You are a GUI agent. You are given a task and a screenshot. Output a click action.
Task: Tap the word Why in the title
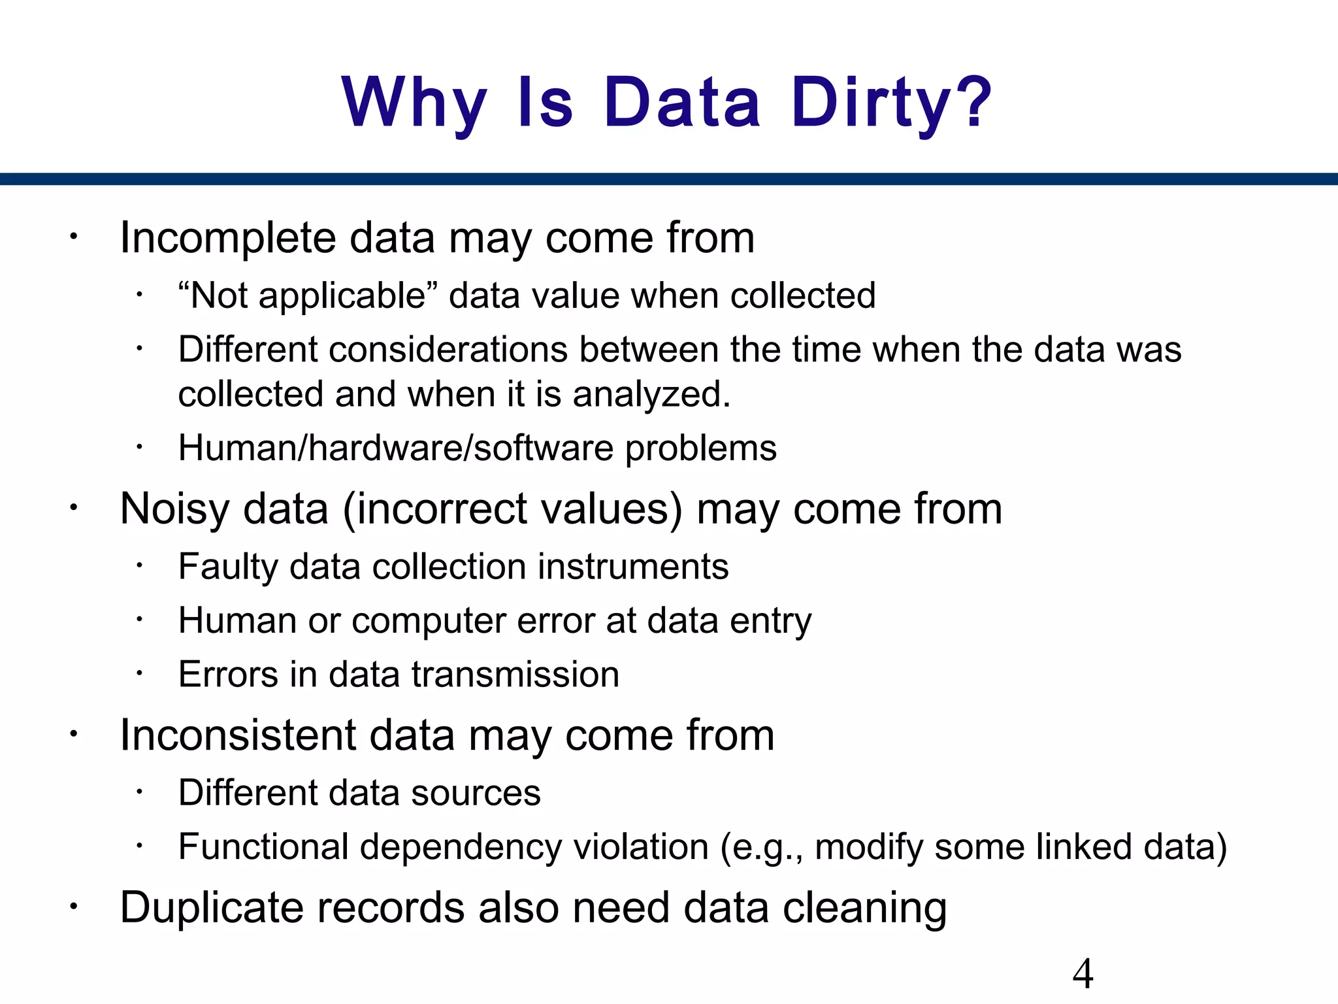pyautogui.click(x=414, y=103)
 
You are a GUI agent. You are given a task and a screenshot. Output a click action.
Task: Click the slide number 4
pyautogui.click(x=1083, y=974)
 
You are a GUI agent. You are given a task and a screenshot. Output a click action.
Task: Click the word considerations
pyautogui.click(x=448, y=349)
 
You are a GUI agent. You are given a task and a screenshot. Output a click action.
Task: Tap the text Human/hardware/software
pyautogui.click(x=398, y=448)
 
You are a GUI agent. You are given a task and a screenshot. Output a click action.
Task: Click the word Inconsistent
pyautogui.click(x=238, y=735)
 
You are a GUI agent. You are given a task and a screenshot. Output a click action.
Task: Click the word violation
pyautogui.click(x=641, y=847)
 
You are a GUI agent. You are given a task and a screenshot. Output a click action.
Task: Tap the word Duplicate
pyautogui.click(x=212, y=908)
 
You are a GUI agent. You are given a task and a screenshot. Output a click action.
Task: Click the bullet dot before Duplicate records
pyautogui.click(x=74, y=907)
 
